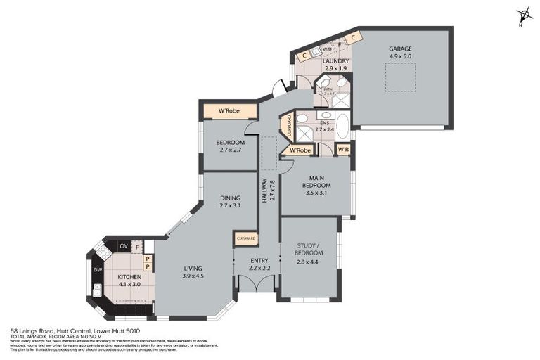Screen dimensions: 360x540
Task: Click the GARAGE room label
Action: click(x=399, y=49)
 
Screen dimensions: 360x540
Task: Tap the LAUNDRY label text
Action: click(x=335, y=61)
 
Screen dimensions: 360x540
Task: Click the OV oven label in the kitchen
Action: click(x=123, y=245)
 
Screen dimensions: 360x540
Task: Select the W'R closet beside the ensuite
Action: click(x=342, y=149)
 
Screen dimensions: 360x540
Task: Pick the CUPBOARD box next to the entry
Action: click(x=246, y=239)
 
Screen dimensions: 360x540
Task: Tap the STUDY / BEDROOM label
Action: click(x=309, y=249)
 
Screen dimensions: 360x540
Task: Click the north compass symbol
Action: click(x=522, y=15)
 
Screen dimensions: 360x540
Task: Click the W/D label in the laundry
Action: click(x=317, y=50)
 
